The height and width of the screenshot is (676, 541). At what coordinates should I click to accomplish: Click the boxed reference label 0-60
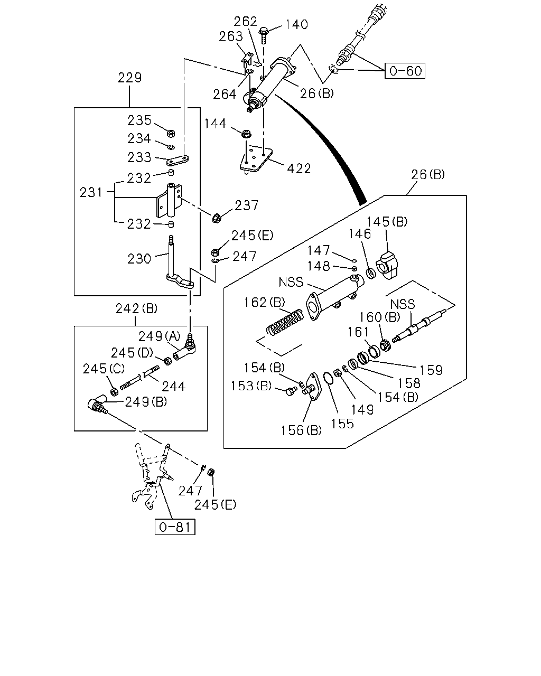tap(405, 71)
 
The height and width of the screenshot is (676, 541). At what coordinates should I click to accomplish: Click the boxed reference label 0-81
tap(175, 527)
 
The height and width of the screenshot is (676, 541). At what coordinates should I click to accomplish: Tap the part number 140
tap(296, 24)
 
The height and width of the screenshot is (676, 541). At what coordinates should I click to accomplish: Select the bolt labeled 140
tap(264, 36)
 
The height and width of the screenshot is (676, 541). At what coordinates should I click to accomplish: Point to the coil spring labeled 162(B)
tap(285, 322)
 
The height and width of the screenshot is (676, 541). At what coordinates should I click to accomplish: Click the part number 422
tap(299, 168)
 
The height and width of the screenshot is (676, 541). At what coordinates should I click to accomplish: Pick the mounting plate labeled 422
tap(256, 158)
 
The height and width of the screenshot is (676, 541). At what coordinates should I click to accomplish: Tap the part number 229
tap(129, 78)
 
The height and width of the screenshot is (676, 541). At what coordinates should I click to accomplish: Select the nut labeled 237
tap(216, 218)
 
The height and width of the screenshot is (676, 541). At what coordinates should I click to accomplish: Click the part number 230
tap(139, 259)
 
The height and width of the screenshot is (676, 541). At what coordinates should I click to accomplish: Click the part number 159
tap(431, 370)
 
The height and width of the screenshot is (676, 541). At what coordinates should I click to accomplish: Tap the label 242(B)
tap(136, 309)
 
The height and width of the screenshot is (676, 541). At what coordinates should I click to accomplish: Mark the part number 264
tap(225, 94)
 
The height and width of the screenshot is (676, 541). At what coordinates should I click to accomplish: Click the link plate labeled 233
tap(178, 160)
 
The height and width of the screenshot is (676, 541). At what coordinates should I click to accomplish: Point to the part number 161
tap(358, 332)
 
